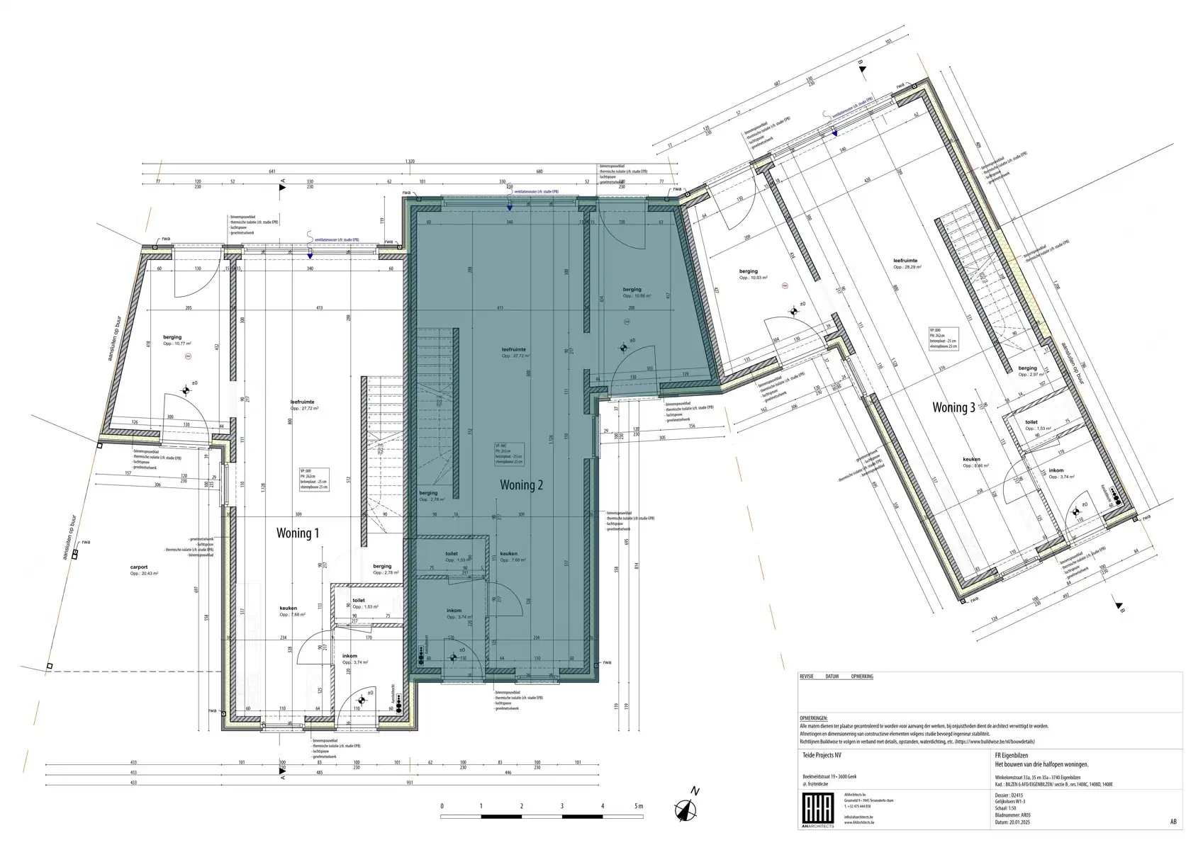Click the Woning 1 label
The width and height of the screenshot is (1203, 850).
[297, 533]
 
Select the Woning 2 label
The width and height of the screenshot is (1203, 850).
[521, 485]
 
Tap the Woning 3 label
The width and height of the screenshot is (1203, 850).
[953, 407]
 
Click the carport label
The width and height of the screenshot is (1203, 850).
[139, 567]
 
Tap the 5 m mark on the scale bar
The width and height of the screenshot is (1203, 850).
[639, 806]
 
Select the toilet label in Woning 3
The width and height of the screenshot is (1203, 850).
[1031, 422]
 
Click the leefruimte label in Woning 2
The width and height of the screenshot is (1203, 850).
[514, 350]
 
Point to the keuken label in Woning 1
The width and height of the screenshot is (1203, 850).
[288, 608]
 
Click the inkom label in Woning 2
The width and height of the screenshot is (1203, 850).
[454, 611]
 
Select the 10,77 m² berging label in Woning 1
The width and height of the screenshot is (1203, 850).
[172, 337]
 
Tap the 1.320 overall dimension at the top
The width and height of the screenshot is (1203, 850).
[409, 161]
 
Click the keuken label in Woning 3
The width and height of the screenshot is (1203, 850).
[971, 460]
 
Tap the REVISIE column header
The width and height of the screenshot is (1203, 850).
[807, 676]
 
